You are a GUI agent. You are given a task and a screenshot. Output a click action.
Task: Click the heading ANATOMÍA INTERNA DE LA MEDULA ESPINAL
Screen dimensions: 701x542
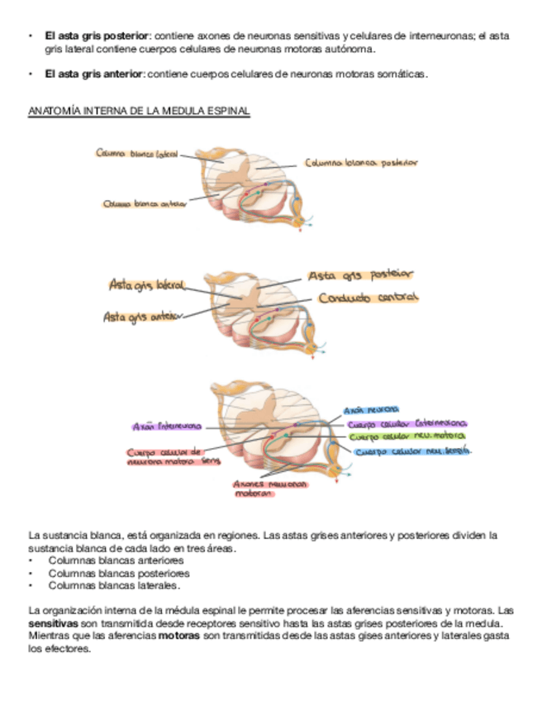(x=139, y=111)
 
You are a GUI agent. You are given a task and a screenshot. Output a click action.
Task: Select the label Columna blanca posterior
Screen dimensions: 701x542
(x=361, y=163)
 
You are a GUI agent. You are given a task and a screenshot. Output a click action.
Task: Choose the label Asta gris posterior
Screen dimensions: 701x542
(x=360, y=275)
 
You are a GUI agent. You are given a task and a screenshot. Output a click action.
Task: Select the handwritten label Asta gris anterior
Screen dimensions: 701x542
(x=141, y=315)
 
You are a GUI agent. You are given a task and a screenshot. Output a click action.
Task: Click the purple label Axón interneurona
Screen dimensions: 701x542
(x=167, y=427)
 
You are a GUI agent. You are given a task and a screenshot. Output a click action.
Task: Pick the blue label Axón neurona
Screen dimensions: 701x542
(x=372, y=409)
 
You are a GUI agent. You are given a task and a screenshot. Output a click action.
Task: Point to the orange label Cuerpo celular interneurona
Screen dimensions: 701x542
(x=407, y=422)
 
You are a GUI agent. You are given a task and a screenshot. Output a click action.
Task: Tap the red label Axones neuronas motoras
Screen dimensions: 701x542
(x=270, y=488)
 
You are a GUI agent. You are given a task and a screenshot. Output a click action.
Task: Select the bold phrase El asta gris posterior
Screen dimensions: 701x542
(x=97, y=36)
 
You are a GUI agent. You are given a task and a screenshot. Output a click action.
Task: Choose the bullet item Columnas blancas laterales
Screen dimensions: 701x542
(x=114, y=586)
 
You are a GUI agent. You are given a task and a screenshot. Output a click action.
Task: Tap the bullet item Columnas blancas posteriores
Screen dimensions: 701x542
(x=119, y=573)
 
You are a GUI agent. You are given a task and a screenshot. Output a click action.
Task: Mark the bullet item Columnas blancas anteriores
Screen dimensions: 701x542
(x=116, y=560)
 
